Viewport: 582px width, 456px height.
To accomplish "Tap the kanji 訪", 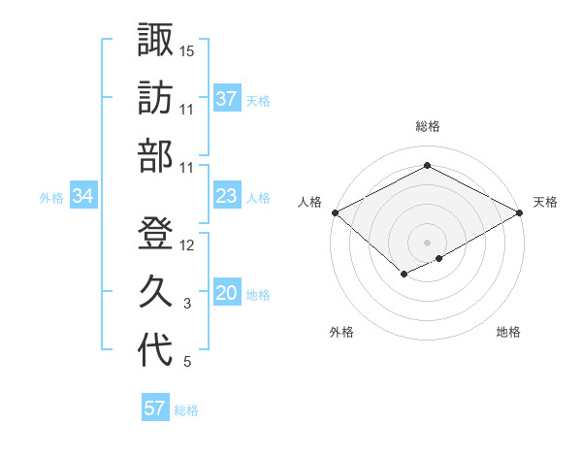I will [155, 97].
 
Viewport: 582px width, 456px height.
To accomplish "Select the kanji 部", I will [155, 155].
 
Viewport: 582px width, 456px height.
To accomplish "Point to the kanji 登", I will [155, 233].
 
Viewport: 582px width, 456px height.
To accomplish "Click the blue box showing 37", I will [226, 98].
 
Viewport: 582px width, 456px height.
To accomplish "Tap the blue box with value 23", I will [226, 196].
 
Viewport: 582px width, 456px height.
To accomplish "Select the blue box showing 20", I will [226, 294].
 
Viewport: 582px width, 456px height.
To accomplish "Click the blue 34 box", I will [82, 196].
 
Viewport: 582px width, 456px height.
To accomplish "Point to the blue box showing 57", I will [155, 408].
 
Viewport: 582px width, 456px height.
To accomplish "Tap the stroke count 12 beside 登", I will [187, 244].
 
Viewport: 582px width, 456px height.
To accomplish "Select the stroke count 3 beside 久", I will [187, 304].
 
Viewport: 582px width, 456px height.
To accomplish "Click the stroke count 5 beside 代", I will [187, 362].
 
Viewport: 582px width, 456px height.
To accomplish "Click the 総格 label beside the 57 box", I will [186, 409].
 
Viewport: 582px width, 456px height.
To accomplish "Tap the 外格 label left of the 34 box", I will [51, 197].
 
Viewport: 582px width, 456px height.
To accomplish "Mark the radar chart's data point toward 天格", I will [521, 212].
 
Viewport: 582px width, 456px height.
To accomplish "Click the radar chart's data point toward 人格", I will [335, 212].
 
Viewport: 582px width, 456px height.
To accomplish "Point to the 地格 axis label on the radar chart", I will [508, 332].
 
